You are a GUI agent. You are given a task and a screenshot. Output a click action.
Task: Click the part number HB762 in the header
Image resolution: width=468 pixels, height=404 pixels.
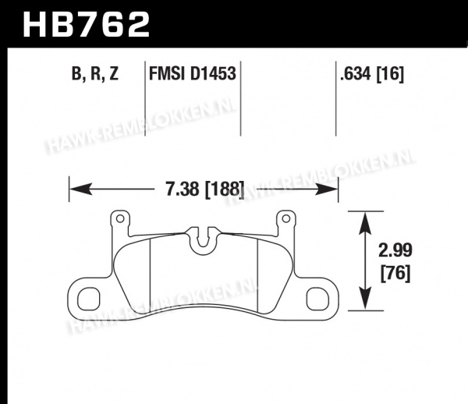(x=86, y=24)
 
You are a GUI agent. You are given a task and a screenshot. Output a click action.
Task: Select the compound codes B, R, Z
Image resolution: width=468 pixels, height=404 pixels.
(x=95, y=73)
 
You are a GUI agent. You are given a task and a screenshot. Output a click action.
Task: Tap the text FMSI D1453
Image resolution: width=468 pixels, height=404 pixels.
(x=193, y=73)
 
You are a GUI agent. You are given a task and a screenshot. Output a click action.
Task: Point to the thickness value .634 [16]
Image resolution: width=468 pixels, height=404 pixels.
(x=372, y=73)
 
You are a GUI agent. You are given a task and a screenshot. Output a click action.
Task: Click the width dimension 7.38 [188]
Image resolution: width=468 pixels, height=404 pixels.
(x=204, y=190)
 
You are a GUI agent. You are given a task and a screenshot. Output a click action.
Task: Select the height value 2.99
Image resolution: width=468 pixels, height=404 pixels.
(x=395, y=250)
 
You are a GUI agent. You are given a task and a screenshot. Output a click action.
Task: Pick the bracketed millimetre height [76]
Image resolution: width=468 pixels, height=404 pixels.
(x=395, y=273)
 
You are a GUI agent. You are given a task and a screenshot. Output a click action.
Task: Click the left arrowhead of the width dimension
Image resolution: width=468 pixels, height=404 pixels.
(x=80, y=190)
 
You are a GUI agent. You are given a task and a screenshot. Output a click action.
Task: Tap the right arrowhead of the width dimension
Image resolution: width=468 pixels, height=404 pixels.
(x=327, y=190)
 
